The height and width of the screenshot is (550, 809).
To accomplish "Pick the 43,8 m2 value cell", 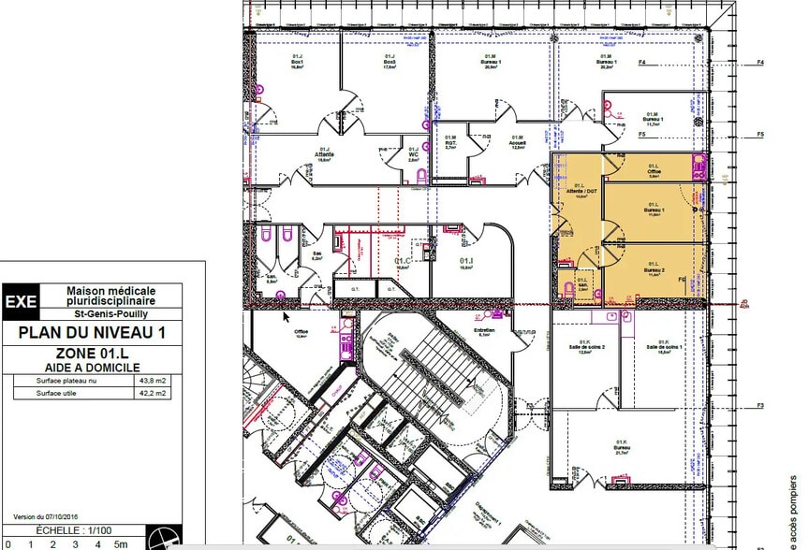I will (x=153, y=382).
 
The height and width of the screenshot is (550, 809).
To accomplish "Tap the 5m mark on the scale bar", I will (x=121, y=543).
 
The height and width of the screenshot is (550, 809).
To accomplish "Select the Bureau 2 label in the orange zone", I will (x=653, y=269).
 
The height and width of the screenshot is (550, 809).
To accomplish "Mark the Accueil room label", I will (x=517, y=143).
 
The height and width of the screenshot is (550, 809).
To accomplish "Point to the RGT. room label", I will (x=449, y=143).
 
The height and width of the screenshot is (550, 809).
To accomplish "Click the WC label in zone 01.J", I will (x=413, y=154).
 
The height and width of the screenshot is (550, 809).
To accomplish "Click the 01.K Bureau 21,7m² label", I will (x=621, y=447).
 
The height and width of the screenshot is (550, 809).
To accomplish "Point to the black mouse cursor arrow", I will (x=287, y=316).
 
